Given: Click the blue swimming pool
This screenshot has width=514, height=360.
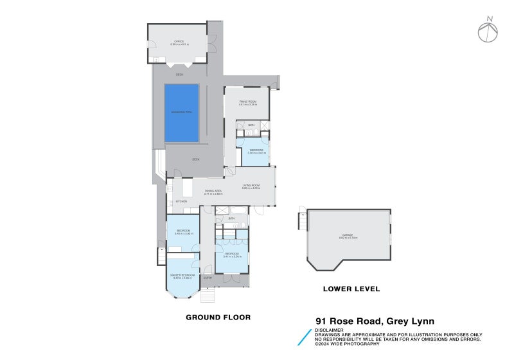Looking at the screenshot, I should click(x=182, y=113).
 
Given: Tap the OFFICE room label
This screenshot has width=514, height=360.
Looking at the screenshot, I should click(x=177, y=43).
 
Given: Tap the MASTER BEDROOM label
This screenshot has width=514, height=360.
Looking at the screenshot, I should click(x=182, y=276).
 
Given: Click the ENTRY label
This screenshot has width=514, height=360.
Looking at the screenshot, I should click(x=208, y=277).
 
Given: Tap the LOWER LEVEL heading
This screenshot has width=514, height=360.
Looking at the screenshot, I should click(x=351, y=289).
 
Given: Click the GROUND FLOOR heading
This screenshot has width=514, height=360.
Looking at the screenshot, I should click(x=218, y=317).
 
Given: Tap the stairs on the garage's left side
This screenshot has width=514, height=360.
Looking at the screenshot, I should click(x=300, y=221).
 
